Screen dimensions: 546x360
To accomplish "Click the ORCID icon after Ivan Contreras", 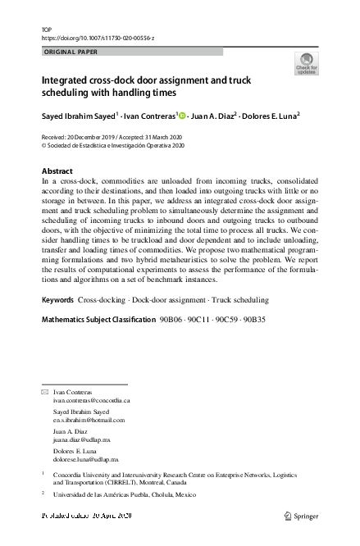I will pos(183,115).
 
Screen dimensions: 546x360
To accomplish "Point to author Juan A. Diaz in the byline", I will pos(214,115).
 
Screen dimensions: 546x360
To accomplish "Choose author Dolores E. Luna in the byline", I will pos(270,115).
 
